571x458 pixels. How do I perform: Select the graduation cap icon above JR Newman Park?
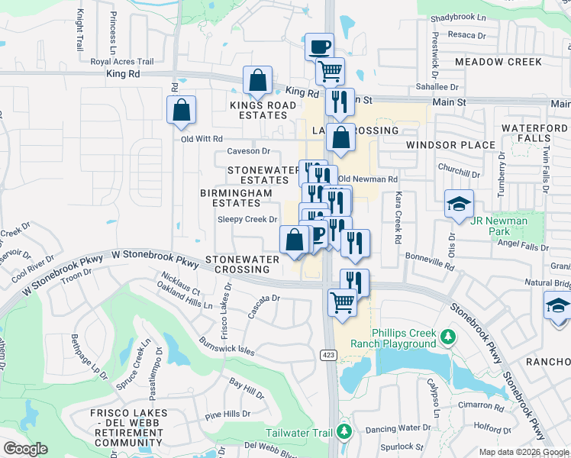point(459,204)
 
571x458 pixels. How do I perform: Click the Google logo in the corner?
point(25,448)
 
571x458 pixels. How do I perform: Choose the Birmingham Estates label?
point(236,198)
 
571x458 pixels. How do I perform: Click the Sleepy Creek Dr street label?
point(247,219)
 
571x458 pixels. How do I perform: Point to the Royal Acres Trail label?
point(122,62)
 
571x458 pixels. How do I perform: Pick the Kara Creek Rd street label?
point(398,218)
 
